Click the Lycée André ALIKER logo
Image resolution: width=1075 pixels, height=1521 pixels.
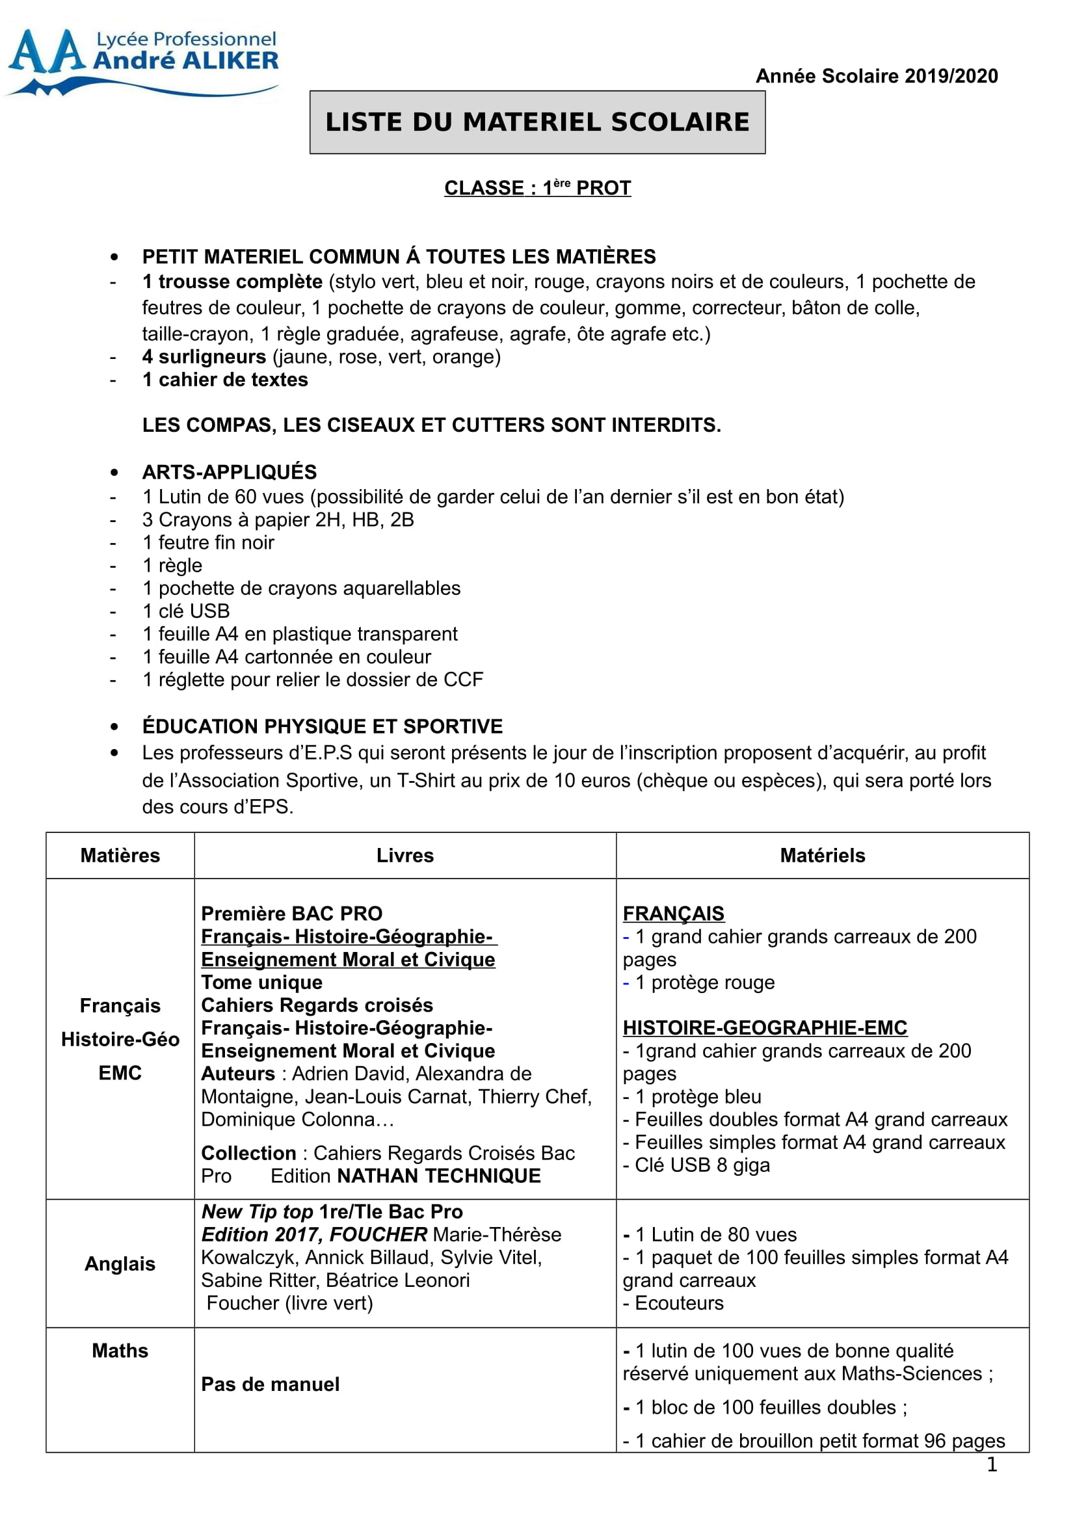coord(142,61)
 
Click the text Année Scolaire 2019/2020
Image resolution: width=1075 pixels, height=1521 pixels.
coord(876,76)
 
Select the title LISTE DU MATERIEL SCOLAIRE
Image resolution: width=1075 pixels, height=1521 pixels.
coord(537,122)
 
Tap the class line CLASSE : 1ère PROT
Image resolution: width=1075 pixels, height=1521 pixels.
coord(537,188)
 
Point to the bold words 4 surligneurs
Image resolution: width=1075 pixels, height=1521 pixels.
coord(204,357)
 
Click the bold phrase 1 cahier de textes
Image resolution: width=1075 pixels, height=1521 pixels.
coord(225,380)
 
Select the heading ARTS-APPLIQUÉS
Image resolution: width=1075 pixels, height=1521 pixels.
coord(229,472)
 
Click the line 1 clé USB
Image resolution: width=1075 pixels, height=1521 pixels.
coord(186,611)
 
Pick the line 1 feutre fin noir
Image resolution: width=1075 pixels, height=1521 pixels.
coord(208,543)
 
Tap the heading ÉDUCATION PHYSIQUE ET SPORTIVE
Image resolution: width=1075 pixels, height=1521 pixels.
coord(323,727)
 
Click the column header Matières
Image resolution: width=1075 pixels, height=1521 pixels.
coord(120,856)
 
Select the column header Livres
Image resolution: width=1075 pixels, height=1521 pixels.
coord(405,856)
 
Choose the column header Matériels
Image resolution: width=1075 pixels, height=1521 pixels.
coord(822,856)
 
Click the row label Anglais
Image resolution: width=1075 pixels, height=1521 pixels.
coord(120,1264)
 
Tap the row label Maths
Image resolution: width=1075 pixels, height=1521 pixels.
coord(120,1351)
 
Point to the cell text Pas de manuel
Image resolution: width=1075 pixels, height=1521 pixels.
coord(271,1384)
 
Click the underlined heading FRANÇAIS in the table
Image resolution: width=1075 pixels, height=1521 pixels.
coord(673,914)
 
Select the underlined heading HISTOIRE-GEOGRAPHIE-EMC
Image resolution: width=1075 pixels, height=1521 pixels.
coord(764,1028)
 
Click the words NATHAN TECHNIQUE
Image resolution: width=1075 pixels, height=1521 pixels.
coord(438,1176)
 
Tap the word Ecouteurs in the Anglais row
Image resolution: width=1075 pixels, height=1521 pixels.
coord(679,1304)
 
